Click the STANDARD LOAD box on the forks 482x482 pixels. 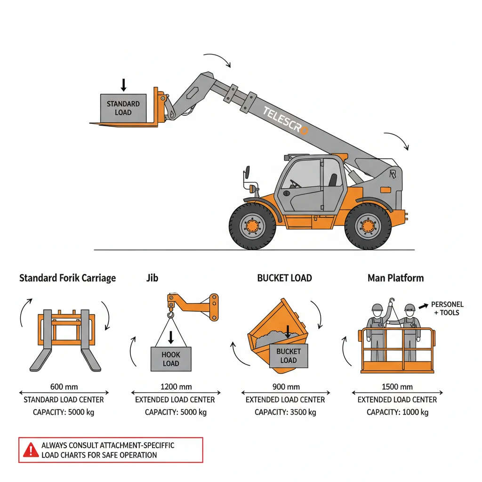123,108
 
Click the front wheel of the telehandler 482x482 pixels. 252,226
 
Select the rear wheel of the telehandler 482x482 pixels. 368,226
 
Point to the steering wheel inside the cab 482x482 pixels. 295,183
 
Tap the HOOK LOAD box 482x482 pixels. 170,359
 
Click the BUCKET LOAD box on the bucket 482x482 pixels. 289,356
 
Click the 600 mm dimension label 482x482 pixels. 64,387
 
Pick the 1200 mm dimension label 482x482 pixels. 176,387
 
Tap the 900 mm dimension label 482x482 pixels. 286,387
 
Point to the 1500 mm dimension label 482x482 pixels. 397,387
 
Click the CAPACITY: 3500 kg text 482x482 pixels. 285,412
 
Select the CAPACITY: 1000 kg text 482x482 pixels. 397,412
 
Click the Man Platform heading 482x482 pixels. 395,278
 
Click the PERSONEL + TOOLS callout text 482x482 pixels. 447,309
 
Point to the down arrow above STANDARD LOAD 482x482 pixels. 123,85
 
